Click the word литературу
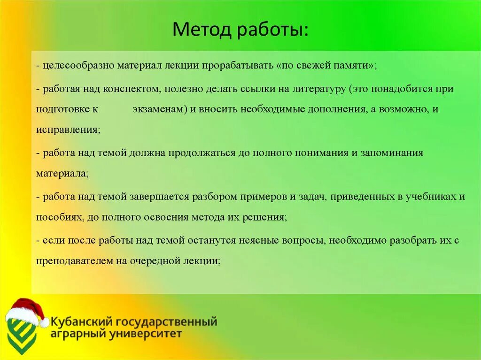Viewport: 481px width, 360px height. pos(315,88)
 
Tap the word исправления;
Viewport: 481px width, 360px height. pos(68,130)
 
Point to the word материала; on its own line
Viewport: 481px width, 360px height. pos(62,173)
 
